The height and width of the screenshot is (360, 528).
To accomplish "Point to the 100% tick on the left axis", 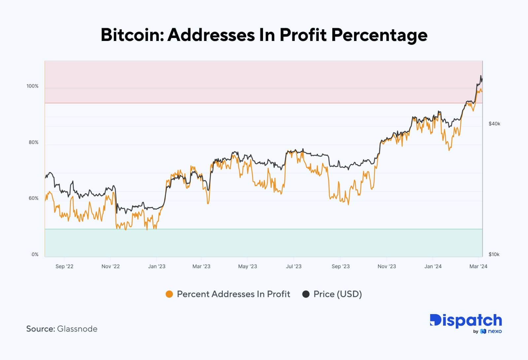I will click(32, 86).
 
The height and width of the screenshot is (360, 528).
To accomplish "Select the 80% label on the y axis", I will click(33, 142).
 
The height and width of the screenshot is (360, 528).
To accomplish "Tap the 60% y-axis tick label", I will click(33, 198).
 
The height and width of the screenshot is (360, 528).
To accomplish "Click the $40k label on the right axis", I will click(494, 124).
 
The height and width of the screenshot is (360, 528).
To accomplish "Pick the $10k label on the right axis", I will click(494, 254).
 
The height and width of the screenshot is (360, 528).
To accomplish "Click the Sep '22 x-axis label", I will click(64, 266).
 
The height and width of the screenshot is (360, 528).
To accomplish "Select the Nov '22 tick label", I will click(111, 266).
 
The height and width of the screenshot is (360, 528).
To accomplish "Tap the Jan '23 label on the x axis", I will click(157, 266).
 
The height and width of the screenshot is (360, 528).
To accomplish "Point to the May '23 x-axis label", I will click(247, 266).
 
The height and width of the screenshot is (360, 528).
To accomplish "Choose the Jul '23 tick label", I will click(294, 266).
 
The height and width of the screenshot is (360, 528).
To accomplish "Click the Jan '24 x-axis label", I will click(433, 266).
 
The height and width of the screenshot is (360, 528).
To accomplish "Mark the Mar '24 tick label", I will click(478, 266).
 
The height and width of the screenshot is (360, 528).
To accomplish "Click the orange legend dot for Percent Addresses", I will click(169, 294).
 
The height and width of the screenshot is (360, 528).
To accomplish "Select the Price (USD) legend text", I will click(338, 294).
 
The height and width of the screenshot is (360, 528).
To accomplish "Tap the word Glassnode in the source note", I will click(77, 329).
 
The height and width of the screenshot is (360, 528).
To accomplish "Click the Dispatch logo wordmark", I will click(466, 321).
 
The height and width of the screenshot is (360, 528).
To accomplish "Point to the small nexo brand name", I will click(495, 331).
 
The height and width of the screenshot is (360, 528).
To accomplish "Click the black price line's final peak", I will click(481, 76).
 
